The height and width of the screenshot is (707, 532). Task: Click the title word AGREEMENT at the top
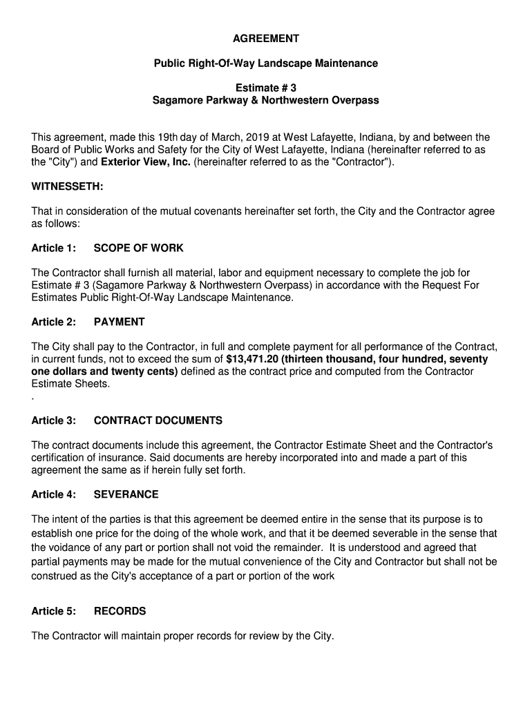point(265,38)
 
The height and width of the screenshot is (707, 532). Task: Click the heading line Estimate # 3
point(265,88)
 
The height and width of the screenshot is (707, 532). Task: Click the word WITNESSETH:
point(68,187)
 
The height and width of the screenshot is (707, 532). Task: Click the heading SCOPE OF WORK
point(138,248)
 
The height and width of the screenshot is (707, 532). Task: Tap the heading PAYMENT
point(119,322)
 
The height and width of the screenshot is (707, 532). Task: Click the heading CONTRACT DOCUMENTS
point(158,420)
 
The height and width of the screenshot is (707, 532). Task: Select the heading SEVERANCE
point(126,494)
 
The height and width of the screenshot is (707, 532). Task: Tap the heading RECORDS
point(120,611)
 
